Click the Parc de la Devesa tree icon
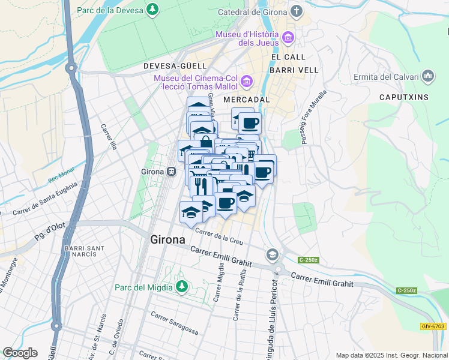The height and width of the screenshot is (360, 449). [x=154, y=10]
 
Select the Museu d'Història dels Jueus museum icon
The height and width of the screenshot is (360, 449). [x=288, y=38]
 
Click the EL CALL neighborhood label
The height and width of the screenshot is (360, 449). [x=285, y=57]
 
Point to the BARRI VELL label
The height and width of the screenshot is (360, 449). [x=294, y=70]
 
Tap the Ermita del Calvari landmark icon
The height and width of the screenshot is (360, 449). [x=428, y=76]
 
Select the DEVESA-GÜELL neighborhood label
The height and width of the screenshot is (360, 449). [x=175, y=65]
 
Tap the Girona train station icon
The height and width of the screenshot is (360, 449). [x=172, y=172]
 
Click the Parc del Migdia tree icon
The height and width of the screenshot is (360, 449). [x=181, y=287]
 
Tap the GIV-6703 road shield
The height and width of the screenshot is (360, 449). [x=433, y=326]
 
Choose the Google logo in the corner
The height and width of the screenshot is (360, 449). [x=20, y=353]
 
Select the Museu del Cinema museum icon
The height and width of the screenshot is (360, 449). [x=246, y=81]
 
